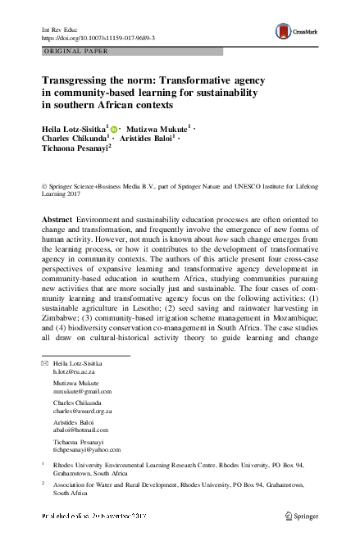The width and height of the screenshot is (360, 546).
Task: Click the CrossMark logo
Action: coord(294,30)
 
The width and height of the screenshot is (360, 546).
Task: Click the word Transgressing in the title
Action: coord(75,81)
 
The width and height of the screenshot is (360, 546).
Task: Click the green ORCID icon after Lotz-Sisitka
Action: coord(113,128)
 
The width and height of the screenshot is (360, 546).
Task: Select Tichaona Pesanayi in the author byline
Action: coord(79,148)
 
